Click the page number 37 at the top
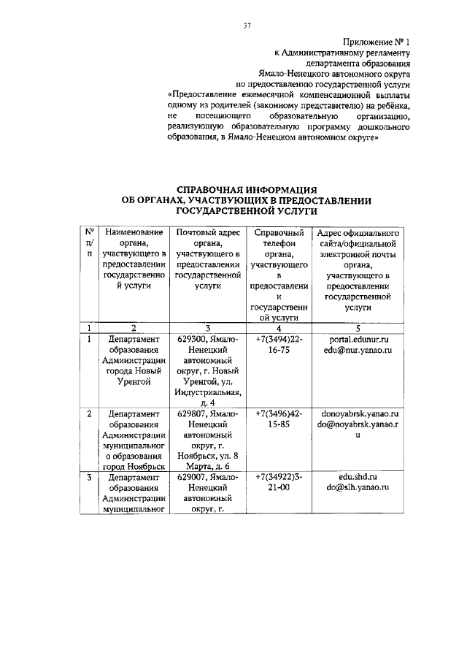click(247, 27)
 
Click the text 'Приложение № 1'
click(377, 42)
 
